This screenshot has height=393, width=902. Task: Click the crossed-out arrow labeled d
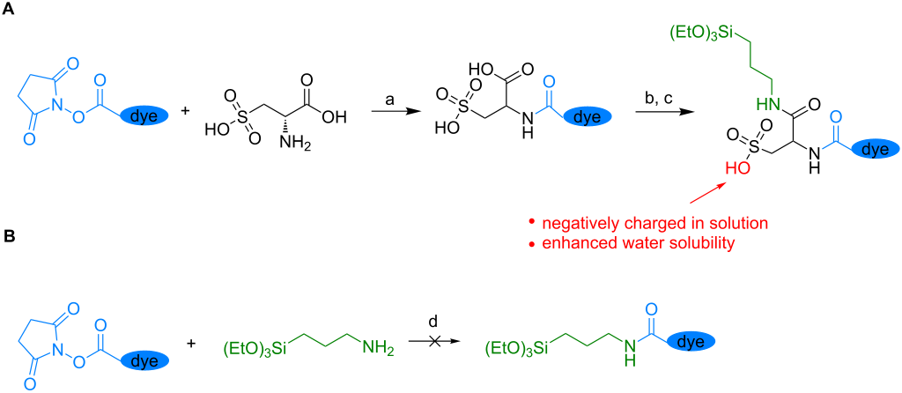433,342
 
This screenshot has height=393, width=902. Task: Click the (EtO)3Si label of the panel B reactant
256,347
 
